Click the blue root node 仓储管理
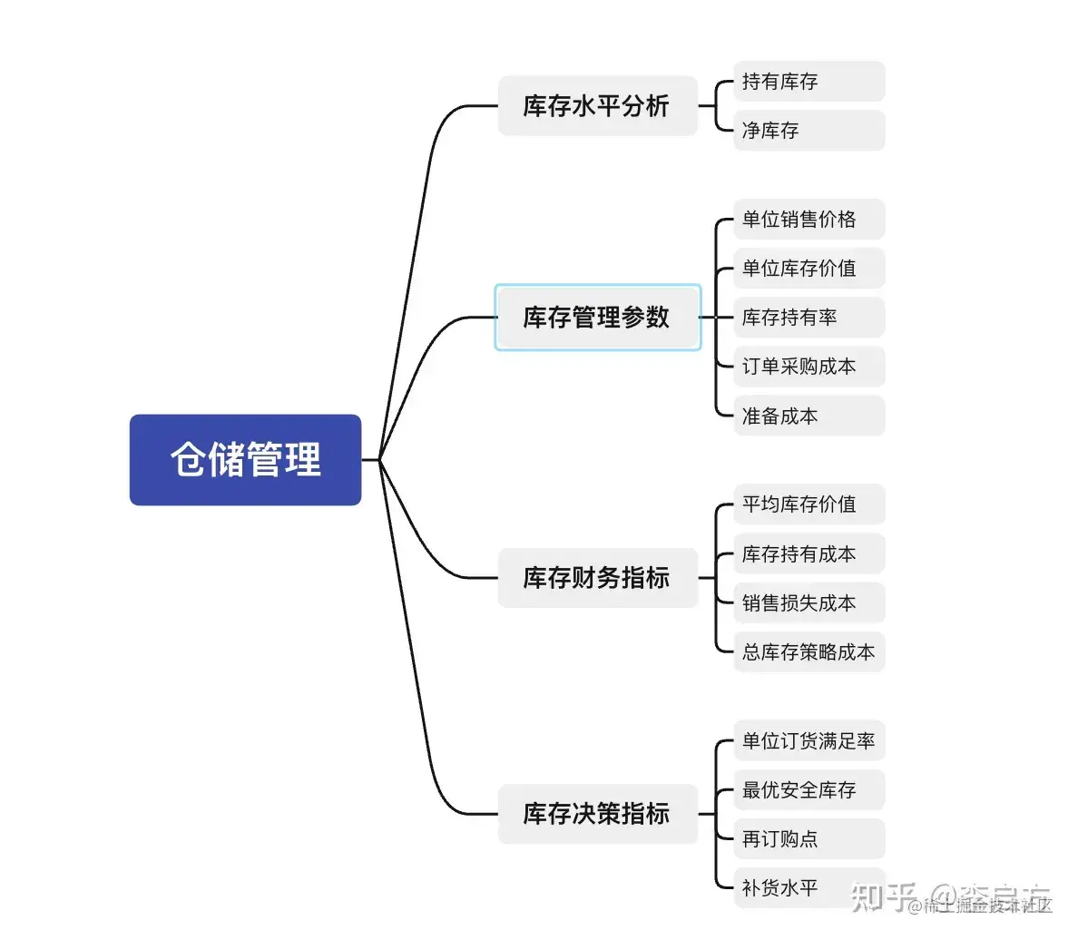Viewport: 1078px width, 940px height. pyautogui.click(x=245, y=459)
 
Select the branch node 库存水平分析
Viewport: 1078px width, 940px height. pyautogui.click(x=597, y=106)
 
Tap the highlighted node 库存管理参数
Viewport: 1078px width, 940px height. pyautogui.click(x=597, y=317)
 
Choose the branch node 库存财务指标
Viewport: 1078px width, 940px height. pyautogui.click(x=597, y=577)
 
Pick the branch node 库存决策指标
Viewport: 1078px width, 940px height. pyautogui.click(x=597, y=813)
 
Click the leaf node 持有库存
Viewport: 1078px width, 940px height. pyautogui.click(x=808, y=82)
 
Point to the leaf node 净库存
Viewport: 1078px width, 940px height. pyautogui.click(x=808, y=131)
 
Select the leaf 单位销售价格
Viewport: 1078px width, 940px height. pyautogui.click(x=808, y=220)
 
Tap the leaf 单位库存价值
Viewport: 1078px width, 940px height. pyautogui.click(x=808, y=269)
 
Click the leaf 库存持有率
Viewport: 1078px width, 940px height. pyautogui.click(x=808, y=318)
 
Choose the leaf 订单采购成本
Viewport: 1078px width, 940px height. pyautogui.click(x=808, y=367)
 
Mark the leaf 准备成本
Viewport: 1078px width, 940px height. pyautogui.click(x=808, y=416)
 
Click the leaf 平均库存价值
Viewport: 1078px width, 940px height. pyautogui.click(x=808, y=504)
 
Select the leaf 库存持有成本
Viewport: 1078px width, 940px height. pyautogui.click(x=808, y=553)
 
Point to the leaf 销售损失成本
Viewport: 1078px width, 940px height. pyautogui.click(x=808, y=602)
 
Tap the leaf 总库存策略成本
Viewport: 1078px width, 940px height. pyautogui.click(x=808, y=651)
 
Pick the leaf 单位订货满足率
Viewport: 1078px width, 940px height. pyautogui.click(x=808, y=740)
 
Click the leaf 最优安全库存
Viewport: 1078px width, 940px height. pyautogui.click(x=808, y=789)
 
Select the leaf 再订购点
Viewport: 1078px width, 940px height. pyautogui.click(x=808, y=838)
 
